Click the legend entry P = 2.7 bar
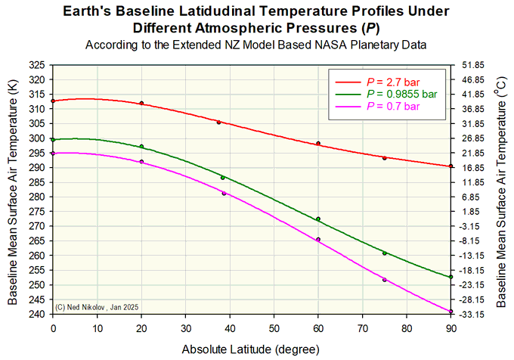[x=393, y=80]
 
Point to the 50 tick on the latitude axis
[x=274, y=328]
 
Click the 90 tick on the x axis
[x=451, y=328]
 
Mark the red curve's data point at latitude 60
[x=318, y=143]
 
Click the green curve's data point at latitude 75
[x=385, y=253]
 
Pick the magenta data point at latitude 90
[x=451, y=312]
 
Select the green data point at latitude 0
[x=53, y=139]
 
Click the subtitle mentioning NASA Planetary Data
[x=256, y=45]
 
